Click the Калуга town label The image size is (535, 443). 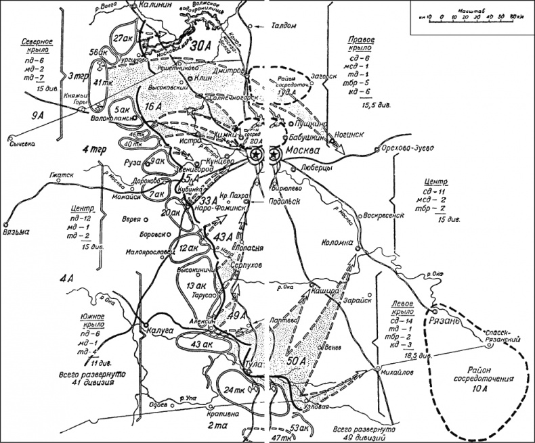[x=160, y=331]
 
